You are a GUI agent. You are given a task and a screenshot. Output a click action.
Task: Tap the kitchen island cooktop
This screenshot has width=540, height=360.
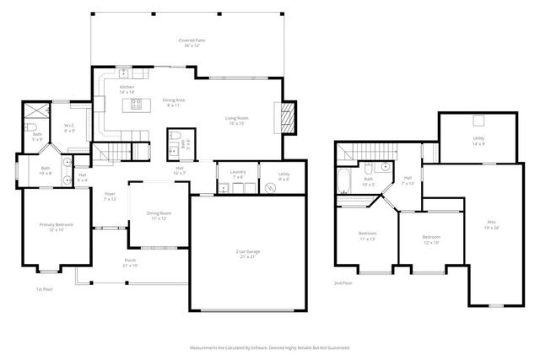point(133,105)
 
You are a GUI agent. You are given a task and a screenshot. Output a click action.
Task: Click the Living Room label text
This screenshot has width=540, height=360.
point(235,121)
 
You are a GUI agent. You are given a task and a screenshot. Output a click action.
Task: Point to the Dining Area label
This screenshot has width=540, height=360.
point(175,103)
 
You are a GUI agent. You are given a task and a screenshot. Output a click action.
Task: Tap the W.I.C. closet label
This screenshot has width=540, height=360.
point(70,128)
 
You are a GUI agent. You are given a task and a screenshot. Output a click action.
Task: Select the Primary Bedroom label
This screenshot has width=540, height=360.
point(51,227)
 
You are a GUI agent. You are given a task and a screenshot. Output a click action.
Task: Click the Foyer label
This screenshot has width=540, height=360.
point(110,197)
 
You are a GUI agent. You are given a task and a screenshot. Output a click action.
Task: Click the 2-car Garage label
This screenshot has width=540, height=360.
point(248,254)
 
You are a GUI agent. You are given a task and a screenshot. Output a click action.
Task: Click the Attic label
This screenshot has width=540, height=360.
point(491,224)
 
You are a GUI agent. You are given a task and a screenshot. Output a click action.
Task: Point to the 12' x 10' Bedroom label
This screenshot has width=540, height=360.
point(431,240)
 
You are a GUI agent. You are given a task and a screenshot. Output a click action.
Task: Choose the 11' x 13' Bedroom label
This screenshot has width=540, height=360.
point(366,235)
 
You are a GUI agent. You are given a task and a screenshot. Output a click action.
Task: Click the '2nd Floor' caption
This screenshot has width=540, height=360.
point(343,282)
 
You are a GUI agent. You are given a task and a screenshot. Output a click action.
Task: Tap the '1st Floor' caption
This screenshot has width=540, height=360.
point(45,289)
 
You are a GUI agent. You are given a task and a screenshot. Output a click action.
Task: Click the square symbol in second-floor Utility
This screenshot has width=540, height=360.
point(478,120)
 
